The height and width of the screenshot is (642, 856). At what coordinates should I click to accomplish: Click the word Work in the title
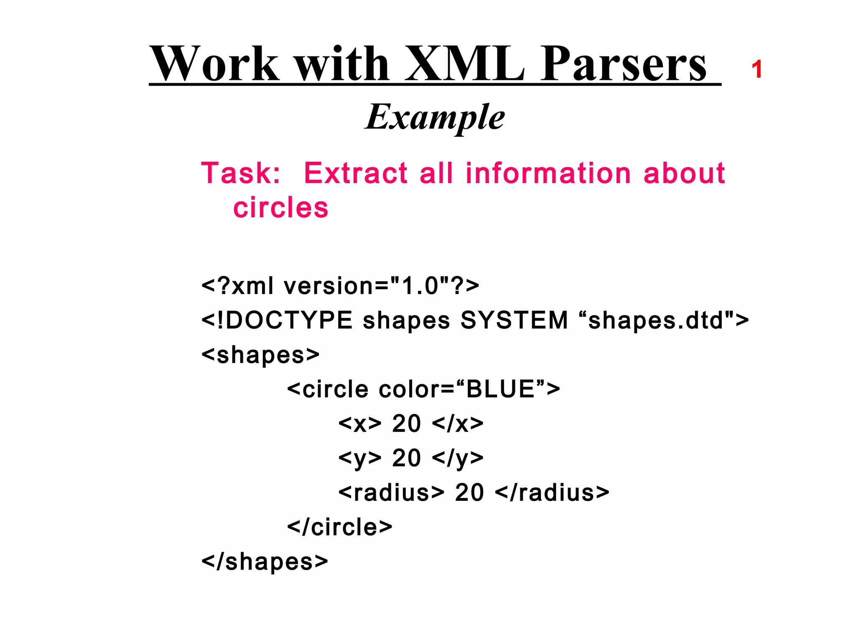point(215,64)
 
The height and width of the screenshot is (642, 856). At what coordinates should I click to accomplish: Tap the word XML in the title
point(464,64)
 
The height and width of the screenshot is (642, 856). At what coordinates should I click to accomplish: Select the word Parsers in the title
point(623,64)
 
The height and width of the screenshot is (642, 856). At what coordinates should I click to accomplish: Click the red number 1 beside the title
point(757,69)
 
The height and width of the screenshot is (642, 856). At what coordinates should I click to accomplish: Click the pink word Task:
point(241,173)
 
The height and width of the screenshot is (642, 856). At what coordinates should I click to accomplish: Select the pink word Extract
point(355,173)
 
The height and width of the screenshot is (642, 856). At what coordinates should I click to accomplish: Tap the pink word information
point(548,173)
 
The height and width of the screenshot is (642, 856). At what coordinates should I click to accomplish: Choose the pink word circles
point(281,208)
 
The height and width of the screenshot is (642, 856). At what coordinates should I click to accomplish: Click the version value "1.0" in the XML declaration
point(419,286)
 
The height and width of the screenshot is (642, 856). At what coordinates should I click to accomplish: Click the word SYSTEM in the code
point(515,321)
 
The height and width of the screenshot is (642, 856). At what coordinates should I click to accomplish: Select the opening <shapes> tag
point(260,355)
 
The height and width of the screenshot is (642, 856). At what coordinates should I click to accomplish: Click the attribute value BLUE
point(500,389)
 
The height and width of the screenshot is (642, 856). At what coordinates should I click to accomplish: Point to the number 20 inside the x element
point(406,424)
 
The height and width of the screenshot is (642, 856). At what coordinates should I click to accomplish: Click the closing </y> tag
point(458,459)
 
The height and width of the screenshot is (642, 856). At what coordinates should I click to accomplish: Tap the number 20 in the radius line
point(469,493)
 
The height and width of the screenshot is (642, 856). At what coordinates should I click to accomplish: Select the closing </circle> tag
point(340,527)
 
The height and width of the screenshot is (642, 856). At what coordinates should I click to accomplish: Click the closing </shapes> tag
point(265,562)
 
